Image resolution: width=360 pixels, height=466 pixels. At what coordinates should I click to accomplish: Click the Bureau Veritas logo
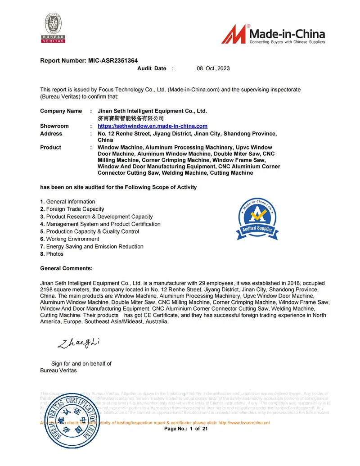coord(54,28)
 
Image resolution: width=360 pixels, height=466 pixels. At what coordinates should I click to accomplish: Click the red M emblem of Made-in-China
coord(234,34)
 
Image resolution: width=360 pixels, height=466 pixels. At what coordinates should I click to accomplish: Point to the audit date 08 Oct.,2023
coord(213,68)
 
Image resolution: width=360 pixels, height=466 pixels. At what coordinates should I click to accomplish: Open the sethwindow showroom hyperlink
coord(152,126)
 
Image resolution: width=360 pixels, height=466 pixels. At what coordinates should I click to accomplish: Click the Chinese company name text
coord(128,118)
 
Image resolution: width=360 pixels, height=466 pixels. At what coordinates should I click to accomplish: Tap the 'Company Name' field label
coord(61,111)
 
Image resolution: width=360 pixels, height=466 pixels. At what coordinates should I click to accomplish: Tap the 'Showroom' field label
coord(54,126)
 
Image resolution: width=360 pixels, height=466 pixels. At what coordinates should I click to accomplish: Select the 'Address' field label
coord(51,134)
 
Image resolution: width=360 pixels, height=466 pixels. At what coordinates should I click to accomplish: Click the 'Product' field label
coord(50,147)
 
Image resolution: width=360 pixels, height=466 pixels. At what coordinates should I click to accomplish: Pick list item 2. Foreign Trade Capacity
coord(72,209)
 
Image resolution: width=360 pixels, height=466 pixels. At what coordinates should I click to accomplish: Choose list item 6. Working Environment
coord(69,239)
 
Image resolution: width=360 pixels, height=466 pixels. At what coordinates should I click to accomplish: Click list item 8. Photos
coord(52,254)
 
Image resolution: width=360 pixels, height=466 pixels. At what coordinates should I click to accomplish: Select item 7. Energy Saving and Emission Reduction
coord(92,246)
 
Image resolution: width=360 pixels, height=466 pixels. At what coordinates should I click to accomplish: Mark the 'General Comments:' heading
coord(66,268)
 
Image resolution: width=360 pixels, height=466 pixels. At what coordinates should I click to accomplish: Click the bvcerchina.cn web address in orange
coord(243,423)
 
